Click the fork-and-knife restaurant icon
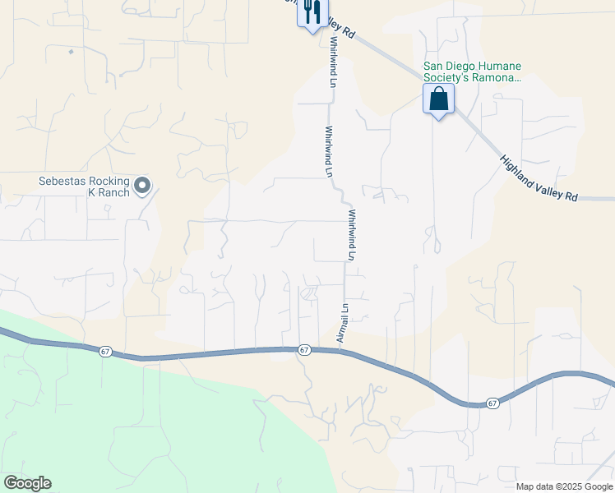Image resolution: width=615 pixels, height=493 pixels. tap(310, 12)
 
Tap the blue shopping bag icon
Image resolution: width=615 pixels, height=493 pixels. tap(438, 99)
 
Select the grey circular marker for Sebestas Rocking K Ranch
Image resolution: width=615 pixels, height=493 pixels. tap(142, 187)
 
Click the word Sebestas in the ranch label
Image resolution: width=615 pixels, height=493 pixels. tap(66, 182)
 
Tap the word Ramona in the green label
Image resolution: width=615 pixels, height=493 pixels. tap(495, 78)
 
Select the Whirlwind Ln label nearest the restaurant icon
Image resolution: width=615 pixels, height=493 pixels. tap(333, 62)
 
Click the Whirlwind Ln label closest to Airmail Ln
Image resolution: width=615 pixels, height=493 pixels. tap(351, 234)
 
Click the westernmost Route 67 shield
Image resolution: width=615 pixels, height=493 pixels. tap(104, 352)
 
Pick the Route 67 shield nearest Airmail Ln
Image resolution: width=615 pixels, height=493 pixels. tap(304, 350)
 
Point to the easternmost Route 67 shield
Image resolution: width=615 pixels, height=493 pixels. tap(492, 403)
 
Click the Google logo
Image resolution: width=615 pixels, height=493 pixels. tap(26, 483)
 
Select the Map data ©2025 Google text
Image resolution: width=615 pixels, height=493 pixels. tap(564, 486)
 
